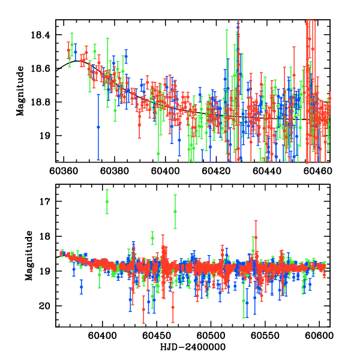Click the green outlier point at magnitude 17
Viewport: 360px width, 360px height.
107,202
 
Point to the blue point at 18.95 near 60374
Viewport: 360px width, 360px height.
98,127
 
